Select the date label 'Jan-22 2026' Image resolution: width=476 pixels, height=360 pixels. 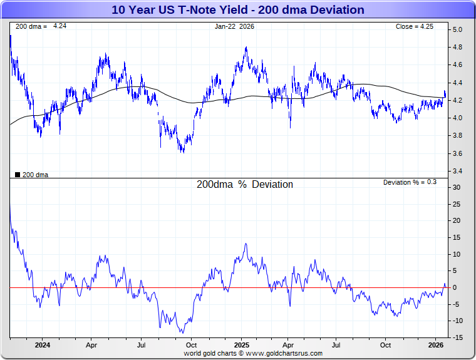[x=234, y=26]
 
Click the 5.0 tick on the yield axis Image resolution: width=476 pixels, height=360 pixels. [x=458, y=29]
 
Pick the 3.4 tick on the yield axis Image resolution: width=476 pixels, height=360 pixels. [x=458, y=171]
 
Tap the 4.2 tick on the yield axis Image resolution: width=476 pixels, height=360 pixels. [x=458, y=100]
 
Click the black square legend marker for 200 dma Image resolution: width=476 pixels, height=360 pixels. [x=17, y=175]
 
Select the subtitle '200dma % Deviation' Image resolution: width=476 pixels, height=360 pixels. [x=245, y=185]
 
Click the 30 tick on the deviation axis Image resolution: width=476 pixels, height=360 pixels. [x=457, y=187]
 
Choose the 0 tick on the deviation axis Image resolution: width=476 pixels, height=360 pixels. [x=455, y=287]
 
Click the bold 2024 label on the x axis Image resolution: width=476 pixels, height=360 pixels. [x=42, y=345]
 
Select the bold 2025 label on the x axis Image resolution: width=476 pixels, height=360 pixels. [x=241, y=345]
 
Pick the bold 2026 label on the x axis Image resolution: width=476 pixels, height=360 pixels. [x=436, y=345]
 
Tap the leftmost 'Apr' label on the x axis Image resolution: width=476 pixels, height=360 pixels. [x=91, y=345]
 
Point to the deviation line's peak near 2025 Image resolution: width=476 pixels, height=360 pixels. [x=246, y=244]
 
